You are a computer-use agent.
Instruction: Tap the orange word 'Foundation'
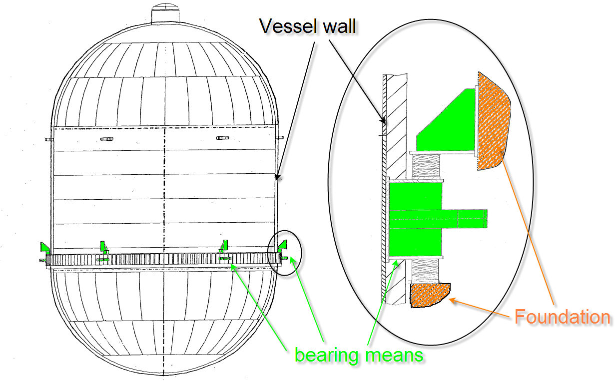(x=562, y=317)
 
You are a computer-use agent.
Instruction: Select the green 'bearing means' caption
(x=359, y=355)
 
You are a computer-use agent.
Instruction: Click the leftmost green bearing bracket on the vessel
(x=44, y=247)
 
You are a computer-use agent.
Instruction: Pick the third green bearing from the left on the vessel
(x=224, y=246)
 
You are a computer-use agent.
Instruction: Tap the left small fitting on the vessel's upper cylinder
(x=105, y=138)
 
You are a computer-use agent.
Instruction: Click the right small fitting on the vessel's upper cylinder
(x=222, y=138)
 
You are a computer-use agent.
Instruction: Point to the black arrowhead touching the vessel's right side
(x=277, y=176)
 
